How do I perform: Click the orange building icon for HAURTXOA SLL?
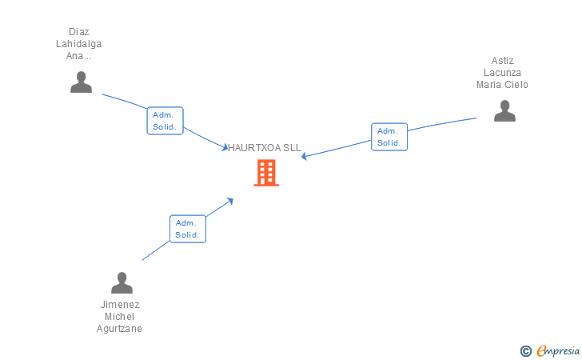pyautogui.click(x=266, y=173)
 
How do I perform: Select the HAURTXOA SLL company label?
pyautogui.click(x=265, y=148)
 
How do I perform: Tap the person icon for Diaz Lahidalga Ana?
pyautogui.click(x=81, y=82)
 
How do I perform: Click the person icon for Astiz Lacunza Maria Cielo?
pyautogui.click(x=504, y=111)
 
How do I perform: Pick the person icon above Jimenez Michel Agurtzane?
pyautogui.click(x=122, y=283)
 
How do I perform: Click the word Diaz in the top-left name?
pyautogui.click(x=78, y=32)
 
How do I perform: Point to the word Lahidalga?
pyautogui.click(x=78, y=44)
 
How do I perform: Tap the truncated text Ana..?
pyautogui.click(x=78, y=56)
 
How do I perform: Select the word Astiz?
pyautogui.click(x=503, y=61)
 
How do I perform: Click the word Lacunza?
pyautogui.click(x=503, y=73)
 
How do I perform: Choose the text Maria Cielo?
pyautogui.click(x=503, y=85)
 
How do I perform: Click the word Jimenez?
pyautogui.click(x=120, y=305)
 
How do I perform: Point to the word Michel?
pyautogui.click(x=120, y=317)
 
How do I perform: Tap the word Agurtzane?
pyautogui.click(x=120, y=329)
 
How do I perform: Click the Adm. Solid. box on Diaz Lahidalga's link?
pyautogui.click(x=165, y=121)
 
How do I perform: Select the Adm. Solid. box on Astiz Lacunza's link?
pyautogui.click(x=389, y=137)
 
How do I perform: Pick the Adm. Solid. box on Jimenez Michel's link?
pyautogui.click(x=188, y=229)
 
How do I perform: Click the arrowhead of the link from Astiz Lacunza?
pyautogui.click(x=305, y=156)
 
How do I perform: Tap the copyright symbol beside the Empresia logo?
pyautogui.click(x=525, y=350)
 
